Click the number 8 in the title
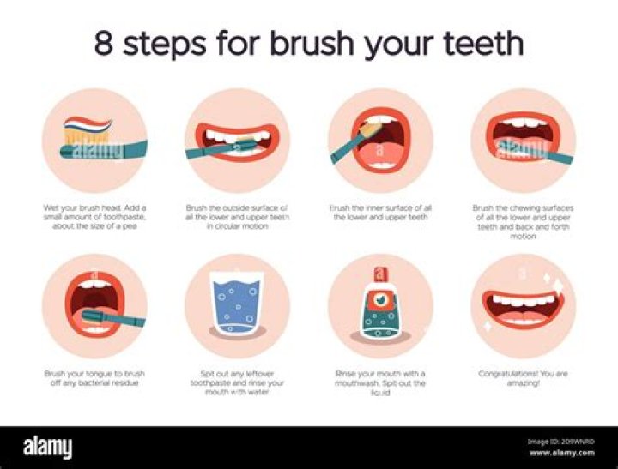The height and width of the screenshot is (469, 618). point(103,44)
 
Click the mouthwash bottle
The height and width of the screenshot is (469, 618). point(379,310)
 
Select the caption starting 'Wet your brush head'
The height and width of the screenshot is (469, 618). point(95,216)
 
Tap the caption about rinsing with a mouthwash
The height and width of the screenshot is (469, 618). point(379,383)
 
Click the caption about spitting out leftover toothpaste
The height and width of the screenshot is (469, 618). point(237,383)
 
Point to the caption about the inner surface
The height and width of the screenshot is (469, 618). point(379,212)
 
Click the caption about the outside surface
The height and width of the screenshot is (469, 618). point(237,216)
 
